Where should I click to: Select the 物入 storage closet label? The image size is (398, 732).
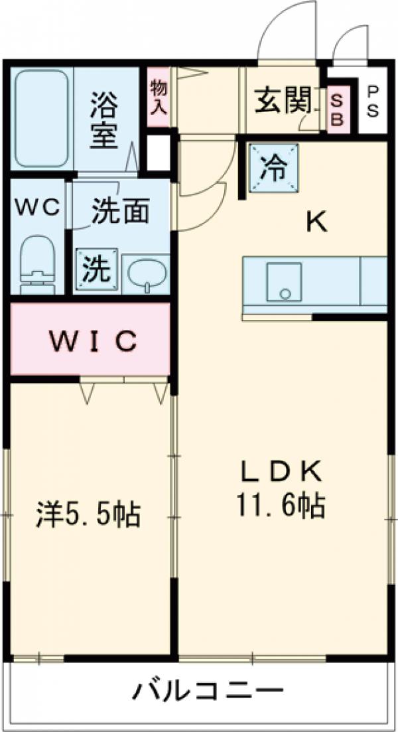157,97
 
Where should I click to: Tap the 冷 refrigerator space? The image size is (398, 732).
273,169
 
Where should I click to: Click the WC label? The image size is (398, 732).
38,206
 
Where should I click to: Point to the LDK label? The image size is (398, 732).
281,472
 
